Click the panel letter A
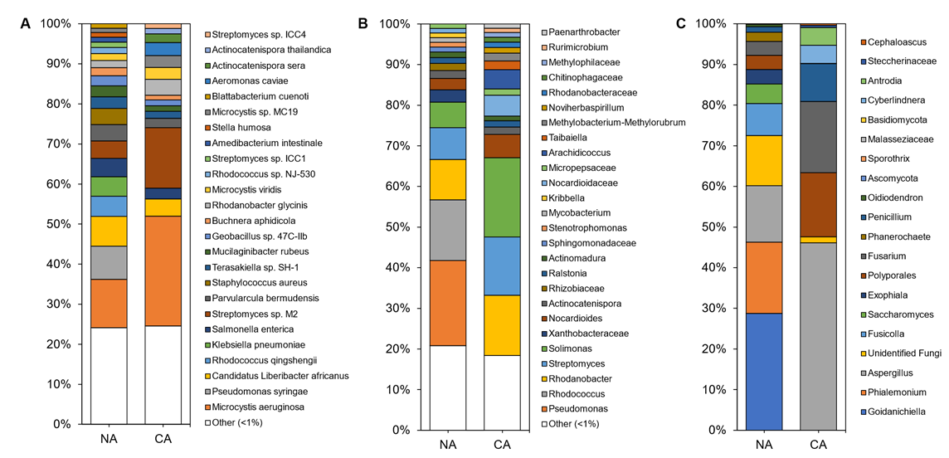pos(27,23)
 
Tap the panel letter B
pos(363,23)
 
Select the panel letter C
pos(682,23)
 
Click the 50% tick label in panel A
pos(55,224)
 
